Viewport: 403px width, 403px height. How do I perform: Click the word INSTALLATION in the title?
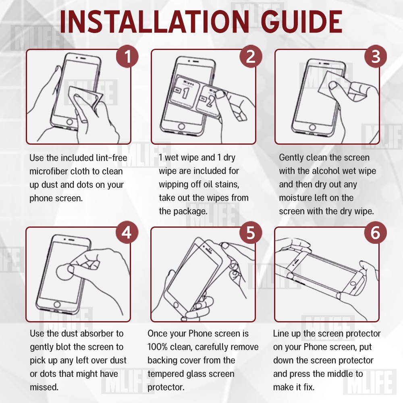[154, 22]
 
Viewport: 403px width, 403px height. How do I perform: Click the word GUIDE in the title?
[303, 22]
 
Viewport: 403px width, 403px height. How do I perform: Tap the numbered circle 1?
[127, 56]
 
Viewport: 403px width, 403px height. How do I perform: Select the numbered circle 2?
[251, 56]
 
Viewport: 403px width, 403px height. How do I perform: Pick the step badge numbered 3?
[376, 56]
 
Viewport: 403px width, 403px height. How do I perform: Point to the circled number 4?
[127, 233]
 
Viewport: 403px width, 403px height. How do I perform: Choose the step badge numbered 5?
[251, 233]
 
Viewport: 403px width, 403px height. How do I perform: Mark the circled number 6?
[375, 233]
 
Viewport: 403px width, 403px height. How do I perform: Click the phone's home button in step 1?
[69, 122]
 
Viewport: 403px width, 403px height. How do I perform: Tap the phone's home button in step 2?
[181, 127]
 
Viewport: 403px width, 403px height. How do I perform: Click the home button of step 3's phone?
[312, 127]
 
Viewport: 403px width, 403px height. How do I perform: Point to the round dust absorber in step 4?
[64, 272]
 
